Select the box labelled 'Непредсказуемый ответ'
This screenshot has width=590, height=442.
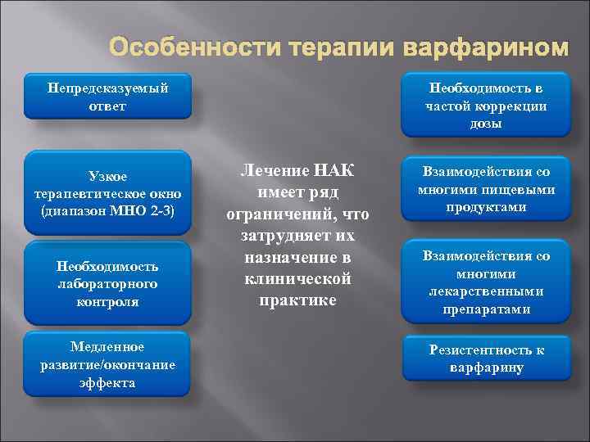tap(107, 97)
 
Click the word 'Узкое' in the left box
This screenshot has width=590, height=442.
tap(107, 175)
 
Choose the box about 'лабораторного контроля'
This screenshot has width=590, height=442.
tap(107, 283)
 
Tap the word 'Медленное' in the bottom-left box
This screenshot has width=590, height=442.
tap(107, 347)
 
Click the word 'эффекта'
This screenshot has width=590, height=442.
tap(107, 382)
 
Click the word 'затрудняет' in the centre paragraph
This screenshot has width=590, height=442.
tap(297, 236)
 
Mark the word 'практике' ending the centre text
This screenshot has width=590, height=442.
tap(297, 300)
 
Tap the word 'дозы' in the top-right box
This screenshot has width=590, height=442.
tap(486, 124)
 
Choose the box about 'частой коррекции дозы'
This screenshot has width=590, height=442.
tap(486, 106)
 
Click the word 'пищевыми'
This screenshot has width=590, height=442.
tap(520, 190)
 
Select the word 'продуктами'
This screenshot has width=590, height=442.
tap(486, 207)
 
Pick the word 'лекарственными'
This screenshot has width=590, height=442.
tap(486, 291)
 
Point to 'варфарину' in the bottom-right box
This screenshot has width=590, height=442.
tap(486, 368)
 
